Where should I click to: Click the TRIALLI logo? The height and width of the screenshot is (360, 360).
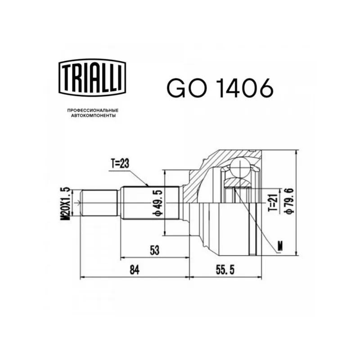92,77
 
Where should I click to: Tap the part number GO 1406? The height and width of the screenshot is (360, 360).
220,88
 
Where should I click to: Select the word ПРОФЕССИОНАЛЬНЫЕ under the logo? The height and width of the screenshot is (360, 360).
93,111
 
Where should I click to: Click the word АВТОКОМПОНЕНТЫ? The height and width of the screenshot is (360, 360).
93,116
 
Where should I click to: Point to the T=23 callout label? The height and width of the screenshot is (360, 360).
120,164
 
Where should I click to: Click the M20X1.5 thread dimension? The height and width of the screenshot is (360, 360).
65,204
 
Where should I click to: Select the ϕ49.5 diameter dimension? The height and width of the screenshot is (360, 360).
158,203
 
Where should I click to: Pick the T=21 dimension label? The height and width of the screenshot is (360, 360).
274,201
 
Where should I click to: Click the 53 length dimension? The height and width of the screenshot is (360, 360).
154,250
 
